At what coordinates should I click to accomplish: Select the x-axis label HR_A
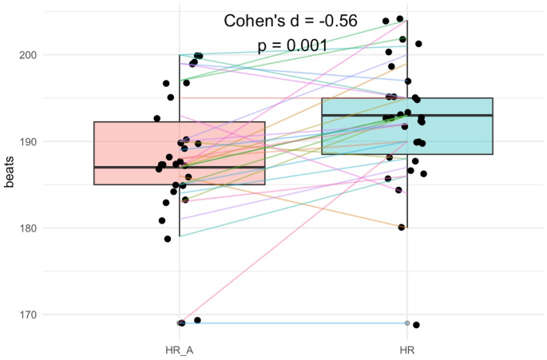179,349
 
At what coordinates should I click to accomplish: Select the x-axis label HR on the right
407,349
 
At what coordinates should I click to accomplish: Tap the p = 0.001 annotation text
292,45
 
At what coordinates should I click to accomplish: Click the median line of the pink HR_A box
179,168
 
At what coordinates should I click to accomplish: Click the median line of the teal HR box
407,116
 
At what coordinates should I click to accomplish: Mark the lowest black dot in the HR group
416,325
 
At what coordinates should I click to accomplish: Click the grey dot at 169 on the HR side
407,323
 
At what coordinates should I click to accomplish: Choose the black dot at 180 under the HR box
402,227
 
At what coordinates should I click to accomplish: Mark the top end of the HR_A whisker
179,55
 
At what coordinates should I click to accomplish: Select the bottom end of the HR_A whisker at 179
179,236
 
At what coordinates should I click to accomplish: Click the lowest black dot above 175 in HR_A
168,239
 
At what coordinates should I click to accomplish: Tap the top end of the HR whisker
407,21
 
